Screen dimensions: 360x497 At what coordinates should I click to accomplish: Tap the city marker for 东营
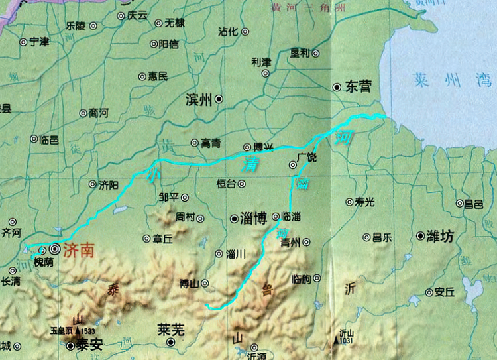(337, 87)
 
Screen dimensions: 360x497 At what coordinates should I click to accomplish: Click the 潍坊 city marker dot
(420, 235)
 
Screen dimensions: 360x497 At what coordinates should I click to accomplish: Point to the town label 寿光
(364, 202)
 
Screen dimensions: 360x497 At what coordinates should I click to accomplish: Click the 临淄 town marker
(276, 215)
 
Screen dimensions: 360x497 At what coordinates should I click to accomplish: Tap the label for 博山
(190, 284)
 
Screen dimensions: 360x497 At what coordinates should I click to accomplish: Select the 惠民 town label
(158, 76)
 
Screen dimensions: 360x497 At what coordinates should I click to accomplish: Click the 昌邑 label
(474, 204)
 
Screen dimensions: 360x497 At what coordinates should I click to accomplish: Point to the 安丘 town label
(445, 292)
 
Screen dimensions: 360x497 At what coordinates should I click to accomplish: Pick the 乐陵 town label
(76, 26)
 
